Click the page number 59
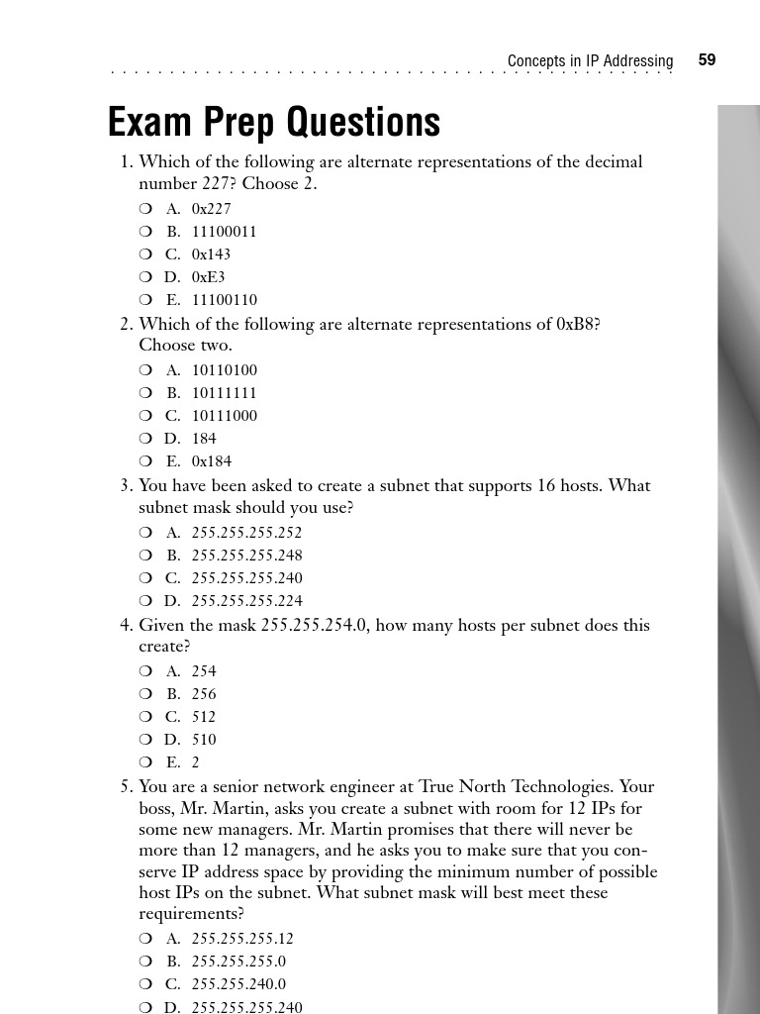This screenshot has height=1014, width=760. (x=707, y=60)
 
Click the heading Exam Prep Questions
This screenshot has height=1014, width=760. (x=274, y=123)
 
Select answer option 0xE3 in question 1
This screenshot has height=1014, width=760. (x=208, y=277)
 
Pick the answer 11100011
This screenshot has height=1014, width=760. (x=224, y=232)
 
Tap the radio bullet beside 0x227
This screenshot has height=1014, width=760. (x=145, y=209)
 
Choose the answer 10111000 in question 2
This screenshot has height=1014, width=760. (x=224, y=416)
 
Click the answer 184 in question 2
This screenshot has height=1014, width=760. (x=204, y=439)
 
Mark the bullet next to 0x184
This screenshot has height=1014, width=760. (x=145, y=461)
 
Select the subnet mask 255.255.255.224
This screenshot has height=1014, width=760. (x=246, y=601)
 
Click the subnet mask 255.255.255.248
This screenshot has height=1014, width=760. (x=246, y=556)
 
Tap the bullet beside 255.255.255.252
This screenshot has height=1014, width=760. (x=145, y=533)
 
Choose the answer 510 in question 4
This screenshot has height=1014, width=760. (x=204, y=740)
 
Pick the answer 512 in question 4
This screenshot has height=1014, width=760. (x=204, y=717)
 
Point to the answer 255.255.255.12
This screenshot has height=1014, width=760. (x=242, y=939)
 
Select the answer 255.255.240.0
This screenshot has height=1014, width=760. (x=238, y=984)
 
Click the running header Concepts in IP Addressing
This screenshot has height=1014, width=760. (x=590, y=61)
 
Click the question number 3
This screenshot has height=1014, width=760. (x=126, y=486)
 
